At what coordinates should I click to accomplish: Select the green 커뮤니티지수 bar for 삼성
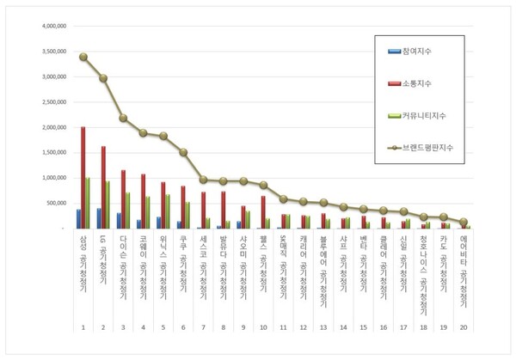[x=87, y=204]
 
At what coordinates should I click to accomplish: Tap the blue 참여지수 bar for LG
[x=99, y=218]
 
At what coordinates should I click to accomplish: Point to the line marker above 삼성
[x=83, y=57]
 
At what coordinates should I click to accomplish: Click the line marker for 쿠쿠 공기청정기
[x=182, y=152]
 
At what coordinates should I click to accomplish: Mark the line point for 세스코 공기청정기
[x=203, y=180]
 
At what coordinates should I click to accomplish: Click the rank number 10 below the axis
[x=263, y=327]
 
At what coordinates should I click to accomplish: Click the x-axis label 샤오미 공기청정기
[x=243, y=262]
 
